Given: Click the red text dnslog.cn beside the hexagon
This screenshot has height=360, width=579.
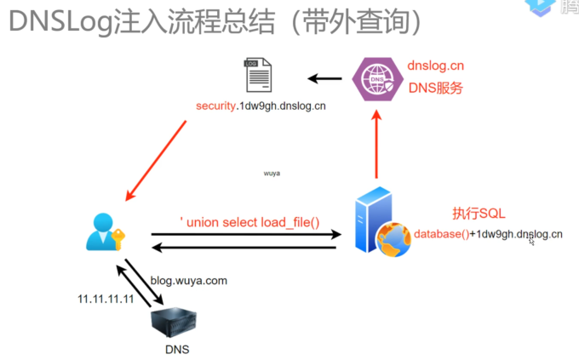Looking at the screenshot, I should [435, 66].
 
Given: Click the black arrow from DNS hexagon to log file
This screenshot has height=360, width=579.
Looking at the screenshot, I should [324, 79].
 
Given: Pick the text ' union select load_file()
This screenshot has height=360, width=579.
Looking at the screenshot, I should [249, 222].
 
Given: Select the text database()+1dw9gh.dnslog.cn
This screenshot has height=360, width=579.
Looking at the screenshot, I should [488, 234].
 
